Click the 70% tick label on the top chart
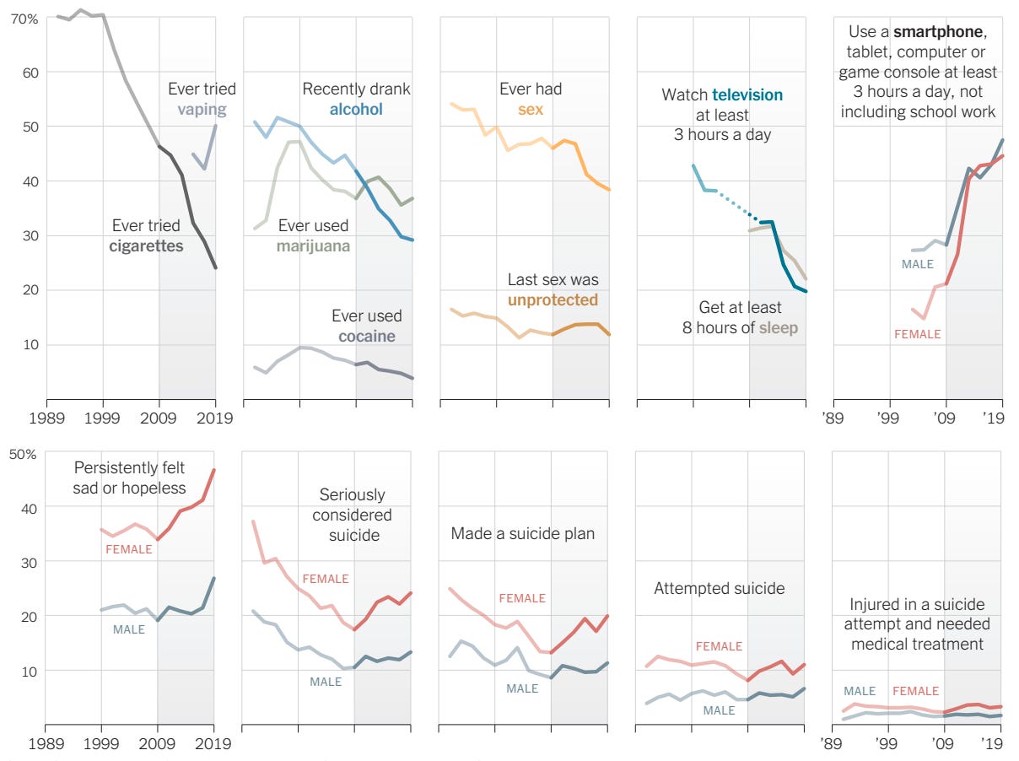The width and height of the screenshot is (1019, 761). tap(24, 18)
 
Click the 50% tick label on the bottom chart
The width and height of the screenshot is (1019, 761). tap(24, 454)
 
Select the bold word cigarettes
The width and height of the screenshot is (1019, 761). tap(146, 246)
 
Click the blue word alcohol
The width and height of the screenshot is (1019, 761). tap(356, 109)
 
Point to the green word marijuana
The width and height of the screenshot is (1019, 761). tap(313, 246)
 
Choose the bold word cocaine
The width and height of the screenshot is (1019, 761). tap(366, 336)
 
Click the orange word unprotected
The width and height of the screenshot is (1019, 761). tap(553, 300)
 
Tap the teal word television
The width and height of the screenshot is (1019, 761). tap(747, 94)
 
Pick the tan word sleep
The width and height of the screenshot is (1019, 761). tap(778, 327)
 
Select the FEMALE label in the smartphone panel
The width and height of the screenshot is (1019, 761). tap(917, 334)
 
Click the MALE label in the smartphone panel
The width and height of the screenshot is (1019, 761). tap(918, 264)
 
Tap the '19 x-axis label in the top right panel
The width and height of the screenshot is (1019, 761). tap(995, 418)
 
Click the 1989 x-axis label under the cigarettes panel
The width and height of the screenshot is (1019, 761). tap(46, 418)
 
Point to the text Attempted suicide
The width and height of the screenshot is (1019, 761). tap(719, 588)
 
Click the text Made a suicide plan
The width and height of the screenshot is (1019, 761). tap(522, 533)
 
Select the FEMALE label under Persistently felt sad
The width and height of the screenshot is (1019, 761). tap(128, 549)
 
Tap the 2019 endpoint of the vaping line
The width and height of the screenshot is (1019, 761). tap(215, 125)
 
